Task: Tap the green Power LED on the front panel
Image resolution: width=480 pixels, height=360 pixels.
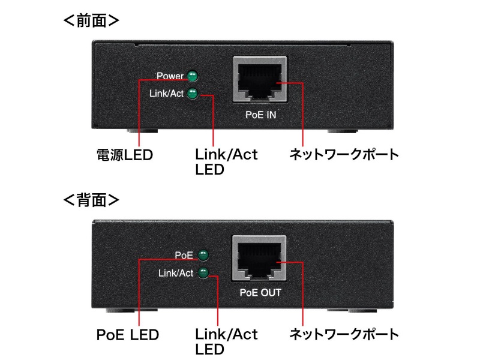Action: [193, 76]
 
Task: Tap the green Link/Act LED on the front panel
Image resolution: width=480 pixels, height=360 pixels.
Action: [193, 94]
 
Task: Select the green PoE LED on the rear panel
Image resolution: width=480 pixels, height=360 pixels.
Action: [203, 255]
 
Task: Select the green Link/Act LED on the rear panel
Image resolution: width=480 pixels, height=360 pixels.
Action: [203, 273]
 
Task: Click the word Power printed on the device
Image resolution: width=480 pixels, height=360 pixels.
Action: [170, 76]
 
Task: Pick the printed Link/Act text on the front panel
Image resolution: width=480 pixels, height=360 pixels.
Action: [167, 94]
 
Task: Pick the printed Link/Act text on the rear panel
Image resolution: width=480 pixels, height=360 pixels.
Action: [176, 274]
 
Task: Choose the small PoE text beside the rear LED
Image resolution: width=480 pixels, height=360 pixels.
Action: [184, 255]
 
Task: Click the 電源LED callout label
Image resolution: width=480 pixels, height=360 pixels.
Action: [125, 155]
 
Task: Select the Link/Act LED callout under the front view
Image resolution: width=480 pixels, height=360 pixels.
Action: [226, 162]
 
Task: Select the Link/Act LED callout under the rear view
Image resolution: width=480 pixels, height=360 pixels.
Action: [226, 341]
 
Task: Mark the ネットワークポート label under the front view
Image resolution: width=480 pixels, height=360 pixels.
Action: [344, 155]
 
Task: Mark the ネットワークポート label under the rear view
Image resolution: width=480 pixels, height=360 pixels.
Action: [344, 334]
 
